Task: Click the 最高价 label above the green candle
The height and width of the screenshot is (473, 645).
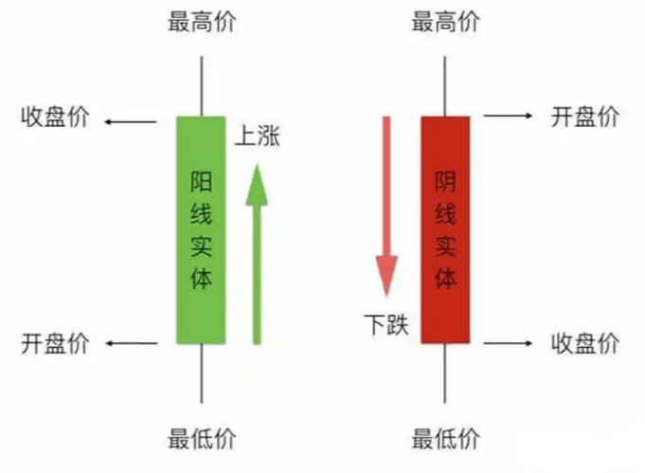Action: (202, 22)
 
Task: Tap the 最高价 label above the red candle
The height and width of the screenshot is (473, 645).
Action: (445, 22)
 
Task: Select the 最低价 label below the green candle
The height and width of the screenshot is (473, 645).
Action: (202, 439)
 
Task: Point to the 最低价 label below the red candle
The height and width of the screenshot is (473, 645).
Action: (445, 439)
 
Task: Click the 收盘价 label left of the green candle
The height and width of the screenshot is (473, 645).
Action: (55, 117)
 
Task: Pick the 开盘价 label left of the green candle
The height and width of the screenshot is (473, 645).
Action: (55, 343)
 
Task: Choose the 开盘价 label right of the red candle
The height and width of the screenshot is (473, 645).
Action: (585, 117)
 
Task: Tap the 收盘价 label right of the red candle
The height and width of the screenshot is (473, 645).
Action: (585, 343)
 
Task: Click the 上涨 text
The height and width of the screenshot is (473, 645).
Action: (258, 136)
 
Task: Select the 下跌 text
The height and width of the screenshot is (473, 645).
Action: (386, 324)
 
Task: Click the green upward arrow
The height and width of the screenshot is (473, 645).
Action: (257, 254)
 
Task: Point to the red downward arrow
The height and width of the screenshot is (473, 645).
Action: (386, 207)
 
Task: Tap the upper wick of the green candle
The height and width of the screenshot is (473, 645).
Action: (202, 86)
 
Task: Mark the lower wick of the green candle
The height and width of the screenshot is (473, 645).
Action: (202, 373)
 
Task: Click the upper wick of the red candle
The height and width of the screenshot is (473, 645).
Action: (444, 86)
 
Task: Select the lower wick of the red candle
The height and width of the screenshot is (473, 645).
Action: (444, 373)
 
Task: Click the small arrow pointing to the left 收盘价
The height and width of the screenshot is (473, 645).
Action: (131, 122)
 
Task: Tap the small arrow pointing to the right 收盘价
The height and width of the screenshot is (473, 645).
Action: (508, 343)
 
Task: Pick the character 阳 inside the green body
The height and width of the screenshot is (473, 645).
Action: (201, 182)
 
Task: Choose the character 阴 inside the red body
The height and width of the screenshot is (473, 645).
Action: (445, 182)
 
